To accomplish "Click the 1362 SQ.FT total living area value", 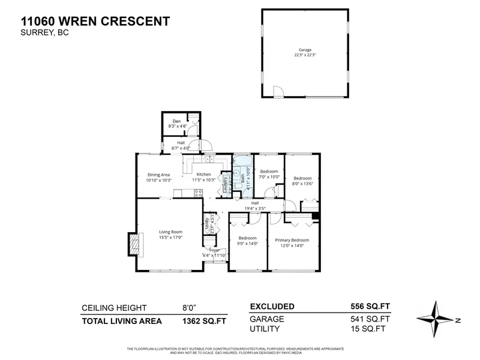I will click(203, 321).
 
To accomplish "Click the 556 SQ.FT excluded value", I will click(370, 306).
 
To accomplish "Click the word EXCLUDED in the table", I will click(272, 306).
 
